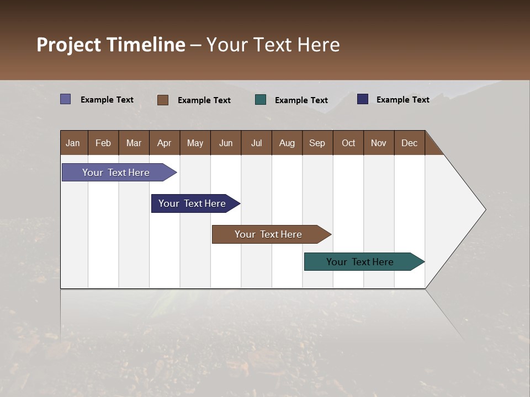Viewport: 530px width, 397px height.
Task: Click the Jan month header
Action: (x=73, y=143)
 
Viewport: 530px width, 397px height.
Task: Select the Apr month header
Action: (x=165, y=143)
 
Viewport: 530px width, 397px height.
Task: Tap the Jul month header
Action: (x=256, y=143)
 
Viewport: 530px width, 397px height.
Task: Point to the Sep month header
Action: (x=317, y=143)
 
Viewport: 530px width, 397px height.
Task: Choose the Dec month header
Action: (x=409, y=143)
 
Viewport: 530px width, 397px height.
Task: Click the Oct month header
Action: (x=348, y=143)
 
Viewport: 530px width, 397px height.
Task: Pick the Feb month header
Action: (x=103, y=143)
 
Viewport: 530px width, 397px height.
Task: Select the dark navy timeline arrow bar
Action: (x=193, y=203)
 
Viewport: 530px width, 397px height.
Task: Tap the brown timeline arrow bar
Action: (x=269, y=234)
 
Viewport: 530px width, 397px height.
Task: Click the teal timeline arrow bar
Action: (x=361, y=262)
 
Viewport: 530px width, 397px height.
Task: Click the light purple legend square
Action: (x=66, y=99)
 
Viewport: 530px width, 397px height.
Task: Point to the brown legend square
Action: (x=163, y=100)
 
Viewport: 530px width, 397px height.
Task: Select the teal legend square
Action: (x=261, y=100)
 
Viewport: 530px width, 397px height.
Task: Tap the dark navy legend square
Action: (x=363, y=99)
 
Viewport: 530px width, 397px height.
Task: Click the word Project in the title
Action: (x=69, y=45)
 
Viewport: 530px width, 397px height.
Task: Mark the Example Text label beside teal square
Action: (x=301, y=100)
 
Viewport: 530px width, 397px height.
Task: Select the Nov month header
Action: (x=379, y=143)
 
